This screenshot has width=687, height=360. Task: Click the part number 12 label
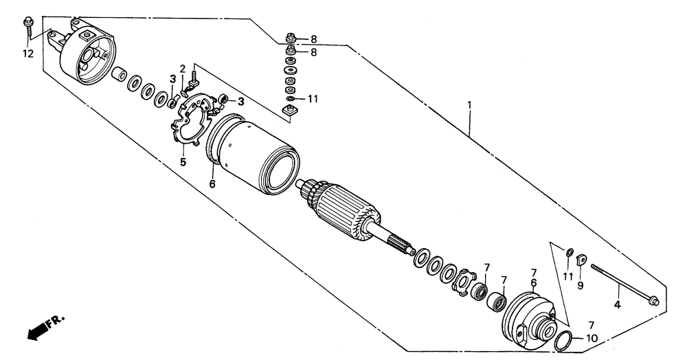[27, 54]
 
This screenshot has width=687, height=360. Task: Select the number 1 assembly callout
[470, 106]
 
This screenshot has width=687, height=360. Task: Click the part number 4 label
[617, 304]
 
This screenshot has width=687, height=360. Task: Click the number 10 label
[592, 338]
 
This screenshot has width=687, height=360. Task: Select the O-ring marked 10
[562, 339]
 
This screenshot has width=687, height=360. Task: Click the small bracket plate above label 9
[580, 260]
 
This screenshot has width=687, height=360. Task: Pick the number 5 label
[183, 162]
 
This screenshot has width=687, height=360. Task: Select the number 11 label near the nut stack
[313, 99]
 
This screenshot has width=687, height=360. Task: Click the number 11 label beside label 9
[567, 276]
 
